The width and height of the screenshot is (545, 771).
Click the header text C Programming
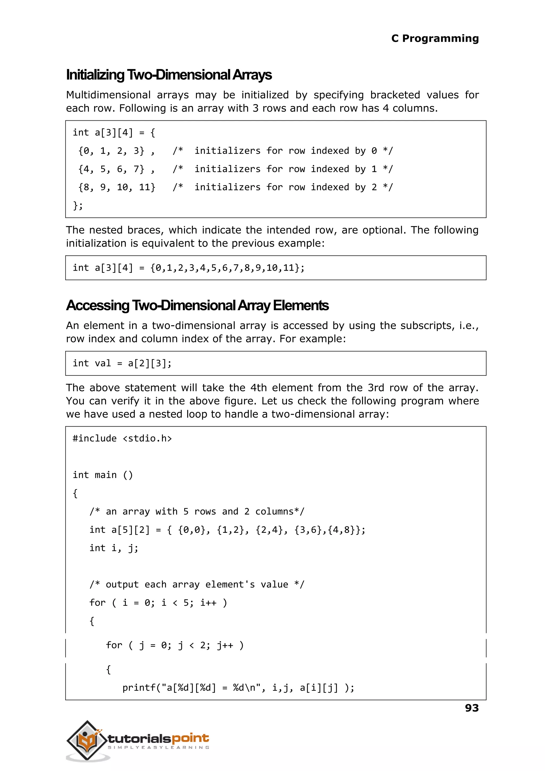(435, 39)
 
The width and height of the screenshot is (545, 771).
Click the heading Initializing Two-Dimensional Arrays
(169, 75)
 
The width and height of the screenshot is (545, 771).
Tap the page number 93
(472, 708)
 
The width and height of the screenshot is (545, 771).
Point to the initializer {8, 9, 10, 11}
(117, 187)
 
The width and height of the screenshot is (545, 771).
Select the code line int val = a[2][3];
(122, 363)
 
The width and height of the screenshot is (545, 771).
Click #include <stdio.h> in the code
(122, 439)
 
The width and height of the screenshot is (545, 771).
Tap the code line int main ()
(103, 475)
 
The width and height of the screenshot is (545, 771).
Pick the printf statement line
(238, 688)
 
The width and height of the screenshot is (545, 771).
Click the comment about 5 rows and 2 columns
(197, 511)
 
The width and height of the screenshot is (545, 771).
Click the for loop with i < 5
(158, 603)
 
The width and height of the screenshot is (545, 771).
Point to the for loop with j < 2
(175, 645)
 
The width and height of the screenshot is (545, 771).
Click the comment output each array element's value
(197, 585)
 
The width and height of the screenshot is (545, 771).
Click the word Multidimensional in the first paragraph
(108, 95)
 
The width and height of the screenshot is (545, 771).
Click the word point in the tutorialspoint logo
(190, 738)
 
